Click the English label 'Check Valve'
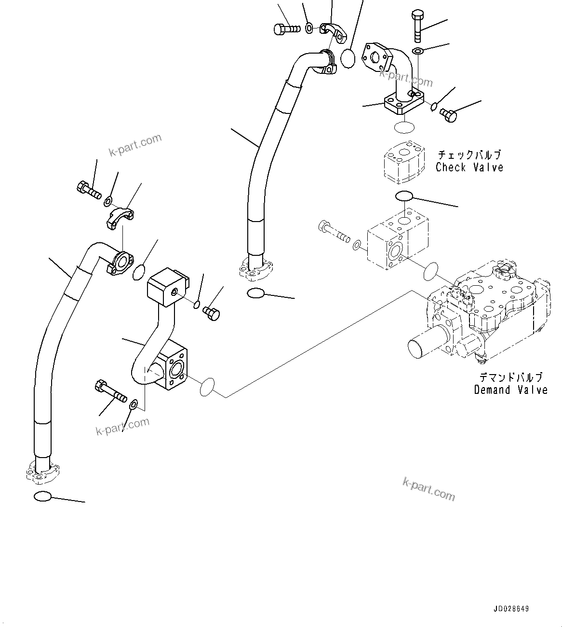pos(469,167)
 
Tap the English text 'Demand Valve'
pos(510,390)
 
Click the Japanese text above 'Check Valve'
pos(469,155)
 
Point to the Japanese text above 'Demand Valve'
pos(510,377)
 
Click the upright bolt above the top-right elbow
pos(417,26)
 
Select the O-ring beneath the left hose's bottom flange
pos(42,496)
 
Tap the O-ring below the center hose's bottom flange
pos(255,293)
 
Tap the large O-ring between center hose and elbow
pos(348,58)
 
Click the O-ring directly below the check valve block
pos(404,196)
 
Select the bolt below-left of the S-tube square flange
pos(111,390)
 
